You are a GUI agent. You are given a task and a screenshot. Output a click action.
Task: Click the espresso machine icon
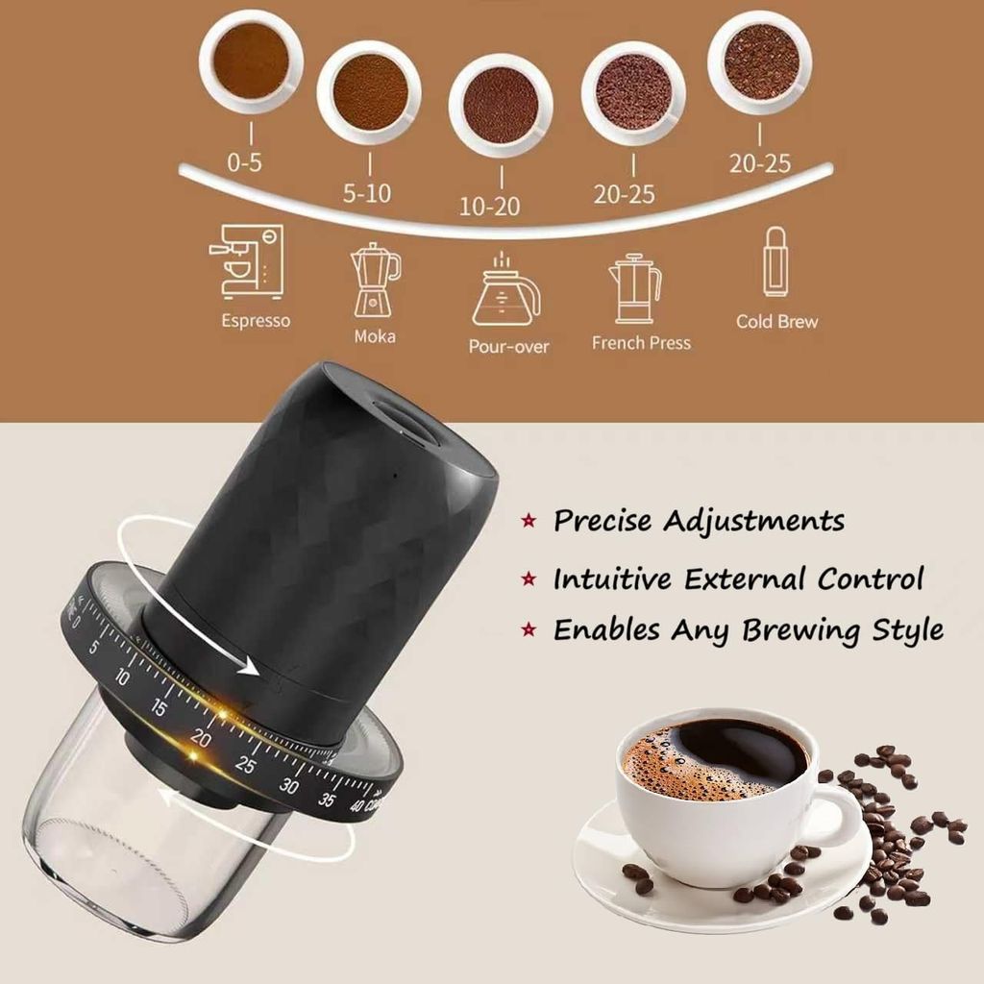tap(246, 262)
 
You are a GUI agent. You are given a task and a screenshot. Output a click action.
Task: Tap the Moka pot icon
tap(375, 280)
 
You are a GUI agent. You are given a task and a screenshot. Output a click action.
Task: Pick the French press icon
tap(634, 288)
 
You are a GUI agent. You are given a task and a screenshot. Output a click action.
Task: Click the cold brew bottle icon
tap(775, 261)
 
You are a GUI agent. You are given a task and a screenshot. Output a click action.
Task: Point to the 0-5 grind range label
tap(245, 162)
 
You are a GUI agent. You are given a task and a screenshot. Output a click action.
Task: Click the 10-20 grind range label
tap(489, 206)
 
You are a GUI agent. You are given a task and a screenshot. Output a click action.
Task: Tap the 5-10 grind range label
tap(367, 192)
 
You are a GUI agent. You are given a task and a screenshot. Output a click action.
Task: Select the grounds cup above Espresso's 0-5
tap(251, 61)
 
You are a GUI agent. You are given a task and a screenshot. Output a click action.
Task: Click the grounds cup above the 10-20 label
tap(501, 104)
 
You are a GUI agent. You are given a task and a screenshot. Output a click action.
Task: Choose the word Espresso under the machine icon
tap(256, 321)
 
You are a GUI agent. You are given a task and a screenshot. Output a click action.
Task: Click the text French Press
tap(641, 343)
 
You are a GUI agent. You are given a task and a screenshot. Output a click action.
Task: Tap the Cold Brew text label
tap(776, 321)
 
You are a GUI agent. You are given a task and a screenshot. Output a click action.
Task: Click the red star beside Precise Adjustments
tap(529, 520)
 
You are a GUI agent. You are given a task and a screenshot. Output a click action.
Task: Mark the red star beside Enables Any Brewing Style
tap(529, 629)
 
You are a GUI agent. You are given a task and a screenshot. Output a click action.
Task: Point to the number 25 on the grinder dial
tap(245, 765)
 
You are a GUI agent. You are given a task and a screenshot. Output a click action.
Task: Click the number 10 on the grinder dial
tap(122, 676)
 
